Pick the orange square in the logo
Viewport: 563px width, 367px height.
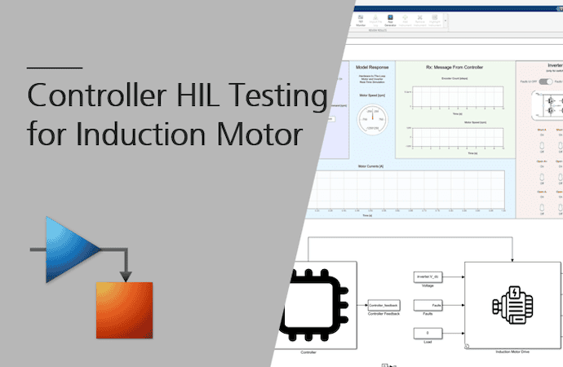click(x=124, y=309)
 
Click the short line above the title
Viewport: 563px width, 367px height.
click(x=54, y=67)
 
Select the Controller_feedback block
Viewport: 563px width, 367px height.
click(x=383, y=304)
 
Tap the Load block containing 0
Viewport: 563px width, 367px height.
click(x=428, y=333)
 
